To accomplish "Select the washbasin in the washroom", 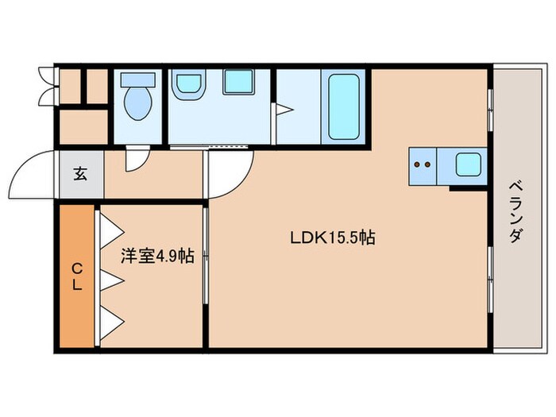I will [x=189, y=83].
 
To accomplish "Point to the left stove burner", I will [x=419, y=165].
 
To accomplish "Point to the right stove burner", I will [x=430, y=165].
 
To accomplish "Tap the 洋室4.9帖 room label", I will [x=156, y=256].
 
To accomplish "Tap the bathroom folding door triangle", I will [x=284, y=110].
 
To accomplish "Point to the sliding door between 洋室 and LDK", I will [x=207, y=254].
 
